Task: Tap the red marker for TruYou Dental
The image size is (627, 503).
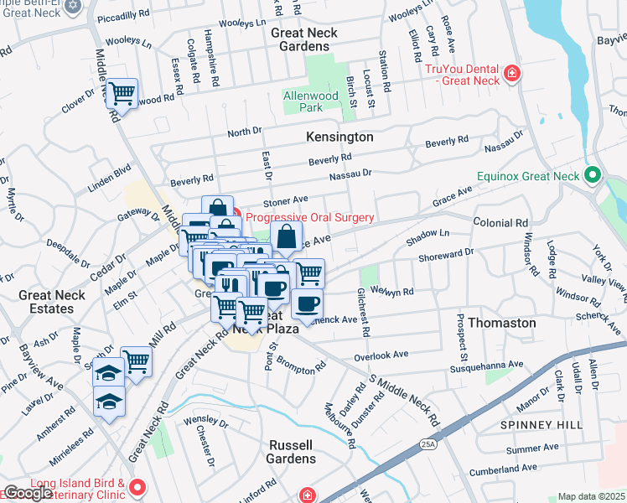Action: [510, 78]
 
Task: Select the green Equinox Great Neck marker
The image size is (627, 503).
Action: [593, 176]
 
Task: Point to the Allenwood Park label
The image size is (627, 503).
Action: [311, 101]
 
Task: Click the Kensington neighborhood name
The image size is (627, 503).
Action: [339, 136]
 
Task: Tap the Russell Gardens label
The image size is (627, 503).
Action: [293, 451]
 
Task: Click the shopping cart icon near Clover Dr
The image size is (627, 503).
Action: [122, 93]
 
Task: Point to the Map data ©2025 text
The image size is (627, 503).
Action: [592, 496]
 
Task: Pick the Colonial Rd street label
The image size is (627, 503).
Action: [500, 223]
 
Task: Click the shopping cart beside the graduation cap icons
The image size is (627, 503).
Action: [136, 362]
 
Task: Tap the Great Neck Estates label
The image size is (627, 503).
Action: [52, 302]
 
